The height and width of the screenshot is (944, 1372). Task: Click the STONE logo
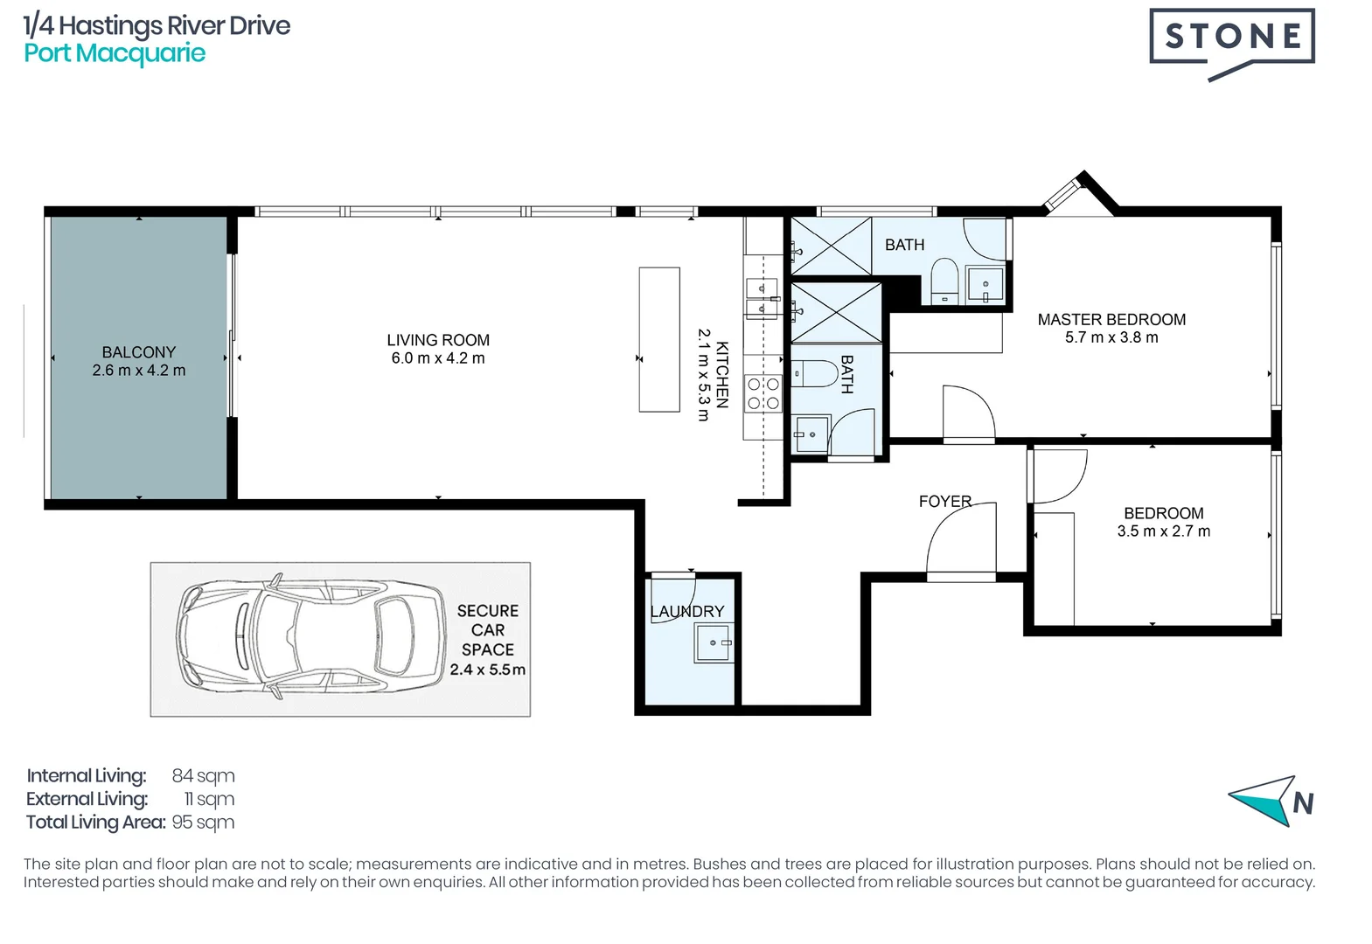click(x=1231, y=37)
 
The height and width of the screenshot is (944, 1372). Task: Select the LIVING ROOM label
click(x=438, y=340)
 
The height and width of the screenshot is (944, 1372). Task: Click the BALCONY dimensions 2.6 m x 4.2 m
click(x=139, y=371)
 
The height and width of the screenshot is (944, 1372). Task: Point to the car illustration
click(x=310, y=639)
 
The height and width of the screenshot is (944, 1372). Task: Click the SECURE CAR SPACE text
click(x=488, y=630)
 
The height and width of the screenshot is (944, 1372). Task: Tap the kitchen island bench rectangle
click(x=659, y=339)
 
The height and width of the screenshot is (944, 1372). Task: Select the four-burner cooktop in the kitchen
click(x=763, y=393)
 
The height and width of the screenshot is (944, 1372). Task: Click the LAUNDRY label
click(x=687, y=611)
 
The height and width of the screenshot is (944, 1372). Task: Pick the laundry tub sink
click(x=713, y=644)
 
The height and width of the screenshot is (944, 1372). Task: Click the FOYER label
click(x=944, y=501)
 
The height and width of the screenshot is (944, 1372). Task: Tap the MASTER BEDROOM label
click(x=1111, y=320)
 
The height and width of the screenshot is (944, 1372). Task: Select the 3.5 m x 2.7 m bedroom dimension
click(x=1163, y=531)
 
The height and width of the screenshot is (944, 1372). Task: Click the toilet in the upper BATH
click(x=944, y=280)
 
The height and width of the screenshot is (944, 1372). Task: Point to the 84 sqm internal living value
click(x=203, y=776)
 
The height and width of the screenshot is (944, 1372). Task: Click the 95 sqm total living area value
click(x=203, y=823)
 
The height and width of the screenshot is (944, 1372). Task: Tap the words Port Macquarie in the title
click(x=115, y=53)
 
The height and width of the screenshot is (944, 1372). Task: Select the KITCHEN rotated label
click(x=722, y=374)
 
